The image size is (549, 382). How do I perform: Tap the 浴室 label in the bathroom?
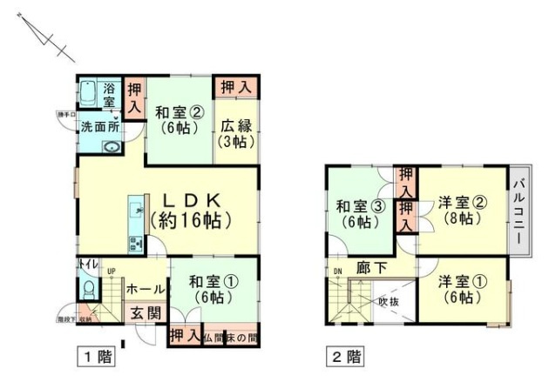pos(109,95)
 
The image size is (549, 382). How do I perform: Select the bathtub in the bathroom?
pos(88,93)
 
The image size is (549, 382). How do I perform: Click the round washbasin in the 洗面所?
pos(110,147)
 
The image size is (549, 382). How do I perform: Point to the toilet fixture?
pos(87,288)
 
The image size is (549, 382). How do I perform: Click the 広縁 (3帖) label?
pos(236,132)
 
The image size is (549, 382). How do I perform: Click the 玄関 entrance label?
pos(145,313)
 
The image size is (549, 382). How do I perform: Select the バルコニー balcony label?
pos(518,208)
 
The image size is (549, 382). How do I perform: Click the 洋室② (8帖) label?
pos(462,210)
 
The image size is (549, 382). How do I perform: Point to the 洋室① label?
pos(457,289)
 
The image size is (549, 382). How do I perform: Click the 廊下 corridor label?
pos(370,269)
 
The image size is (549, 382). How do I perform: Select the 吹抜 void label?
pos(387,302)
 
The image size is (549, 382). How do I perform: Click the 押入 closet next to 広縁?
pos(235,87)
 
